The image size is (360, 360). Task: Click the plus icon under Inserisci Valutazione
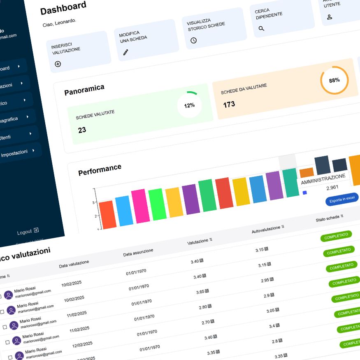pos(58,64)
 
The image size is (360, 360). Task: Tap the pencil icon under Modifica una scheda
pos(126,52)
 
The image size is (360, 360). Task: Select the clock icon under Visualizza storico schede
pos(194,40)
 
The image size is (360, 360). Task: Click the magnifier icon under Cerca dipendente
pos(261,28)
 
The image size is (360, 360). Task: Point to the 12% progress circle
pos(189,105)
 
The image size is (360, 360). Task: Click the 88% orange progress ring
pos(334,80)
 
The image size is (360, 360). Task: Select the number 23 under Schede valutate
pos(82,130)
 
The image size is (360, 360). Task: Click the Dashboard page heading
pos(63,8)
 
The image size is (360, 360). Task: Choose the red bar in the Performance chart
pos(224,193)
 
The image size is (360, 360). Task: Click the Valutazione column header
pos(200,242)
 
